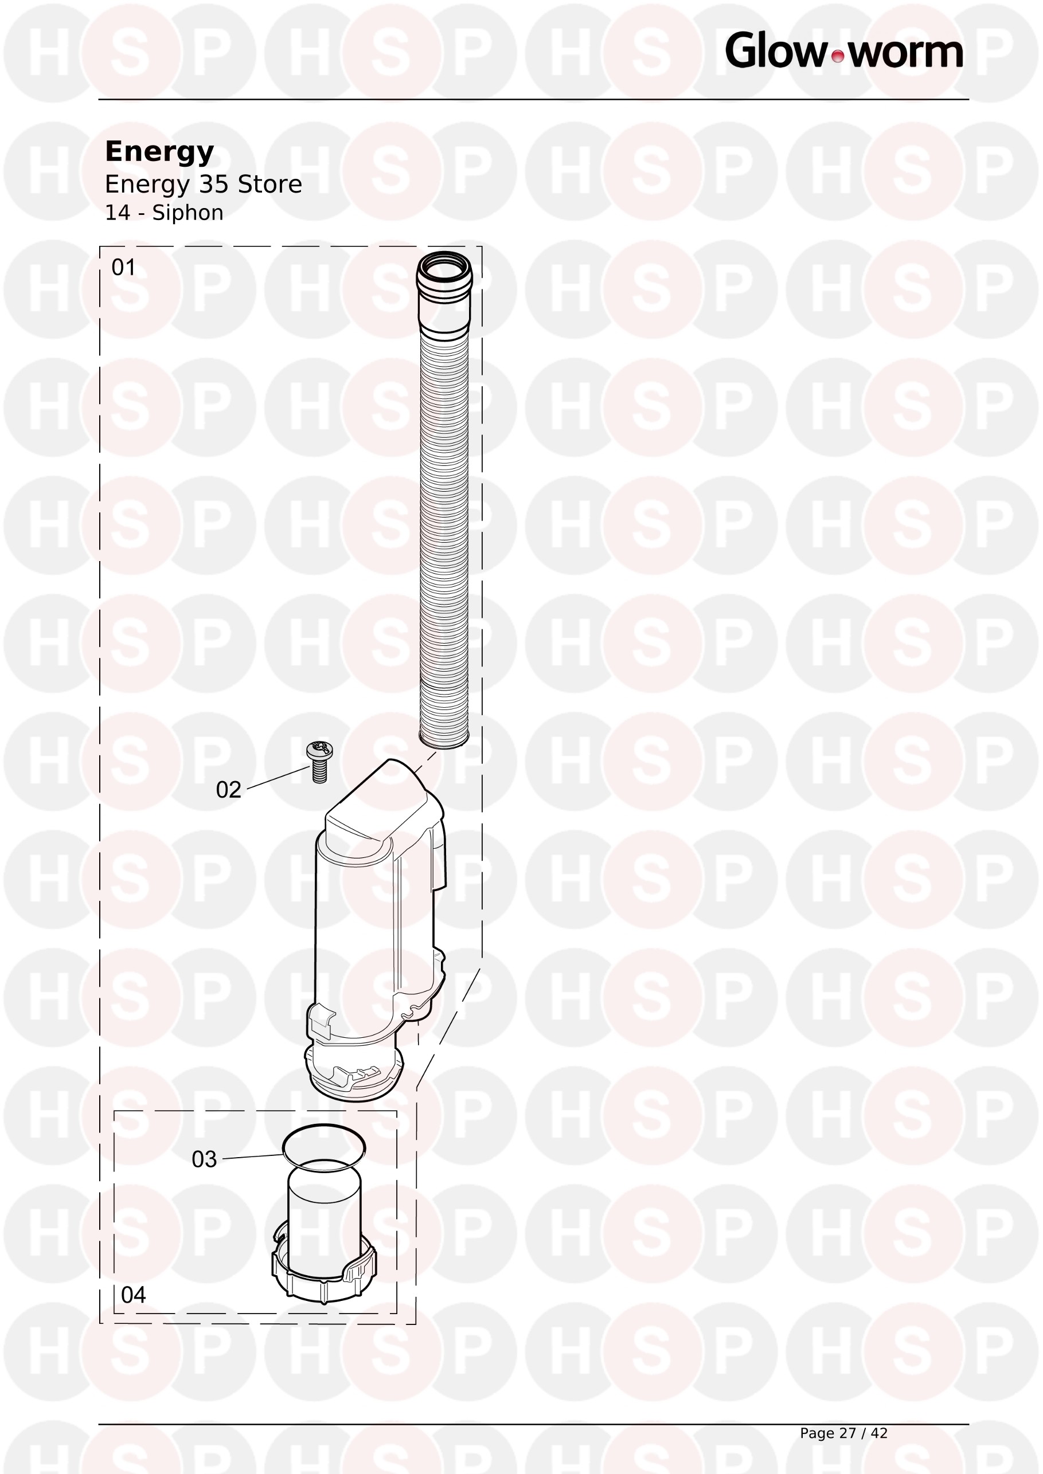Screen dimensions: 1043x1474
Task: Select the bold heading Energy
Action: [x=159, y=152]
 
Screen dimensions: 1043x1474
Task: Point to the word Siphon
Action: [x=187, y=213]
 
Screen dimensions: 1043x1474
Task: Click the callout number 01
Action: [x=123, y=267]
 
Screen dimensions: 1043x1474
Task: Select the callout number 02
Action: [x=229, y=790]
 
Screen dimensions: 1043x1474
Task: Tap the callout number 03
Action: [x=204, y=1159]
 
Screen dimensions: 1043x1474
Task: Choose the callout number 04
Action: [x=133, y=1295]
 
